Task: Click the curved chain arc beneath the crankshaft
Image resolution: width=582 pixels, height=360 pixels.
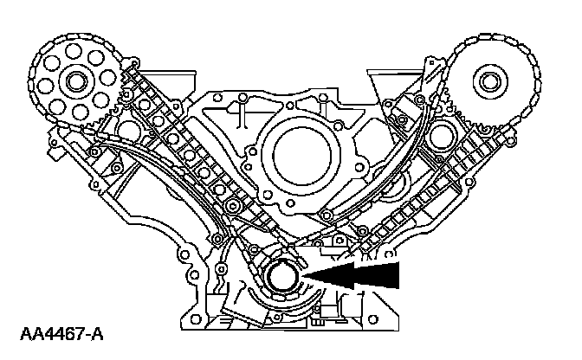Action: (286, 305)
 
